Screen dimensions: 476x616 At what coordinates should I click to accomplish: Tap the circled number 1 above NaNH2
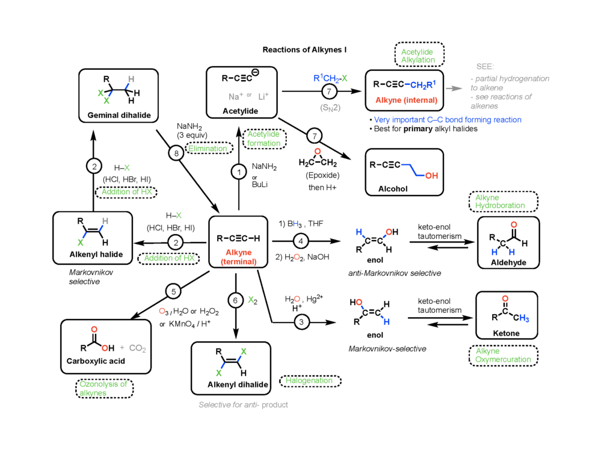click(239, 172)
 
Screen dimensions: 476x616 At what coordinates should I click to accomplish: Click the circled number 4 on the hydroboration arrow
click(301, 241)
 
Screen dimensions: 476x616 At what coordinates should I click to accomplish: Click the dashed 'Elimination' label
click(208, 148)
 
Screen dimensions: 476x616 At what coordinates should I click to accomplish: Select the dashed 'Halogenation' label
click(309, 381)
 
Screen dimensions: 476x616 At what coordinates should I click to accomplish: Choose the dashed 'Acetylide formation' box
click(264, 138)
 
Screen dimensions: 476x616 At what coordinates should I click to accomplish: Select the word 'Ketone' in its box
click(505, 333)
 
